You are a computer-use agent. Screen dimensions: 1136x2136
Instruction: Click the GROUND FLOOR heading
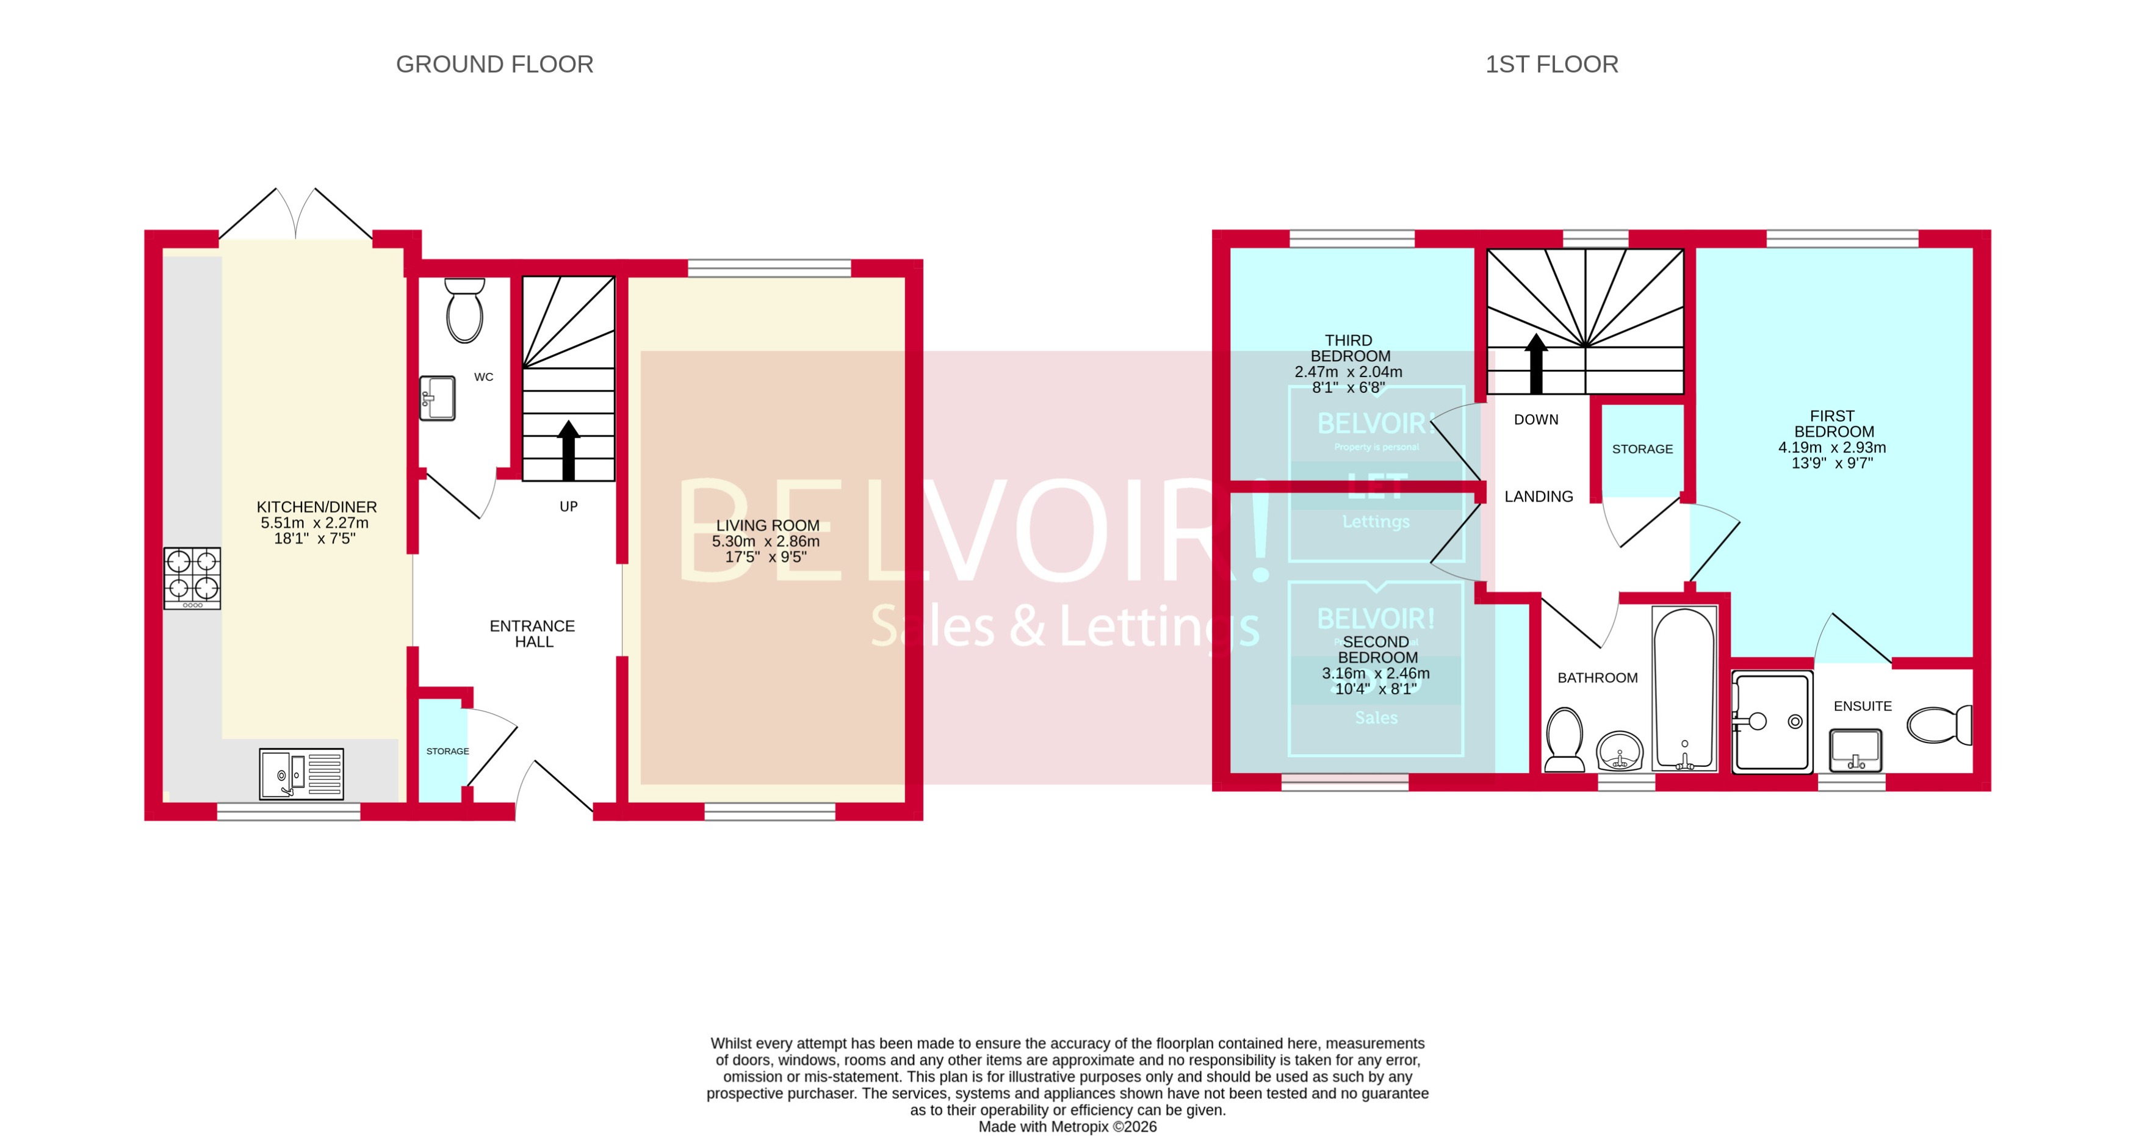tap(494, 64)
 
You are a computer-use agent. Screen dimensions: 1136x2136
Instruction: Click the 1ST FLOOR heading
tap(1551, 64)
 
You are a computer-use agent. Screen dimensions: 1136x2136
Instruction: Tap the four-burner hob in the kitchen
tap(192, 577)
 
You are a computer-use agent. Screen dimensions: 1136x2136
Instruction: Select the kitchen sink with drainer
tap(301, 774)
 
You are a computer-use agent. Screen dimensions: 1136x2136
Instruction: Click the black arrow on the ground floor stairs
tap(568, 450)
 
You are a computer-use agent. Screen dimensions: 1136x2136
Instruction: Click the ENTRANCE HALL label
tap(532, 633)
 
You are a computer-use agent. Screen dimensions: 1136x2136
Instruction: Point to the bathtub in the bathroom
tap(1683, 688)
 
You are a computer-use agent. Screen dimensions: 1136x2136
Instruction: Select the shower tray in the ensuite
tap(1772, 721)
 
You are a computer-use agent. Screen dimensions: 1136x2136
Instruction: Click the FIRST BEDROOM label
tap(1833, 424)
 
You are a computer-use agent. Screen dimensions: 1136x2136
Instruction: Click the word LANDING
tap(1538, 496)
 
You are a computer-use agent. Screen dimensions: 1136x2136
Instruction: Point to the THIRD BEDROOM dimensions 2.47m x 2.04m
tap(1348, 372)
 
